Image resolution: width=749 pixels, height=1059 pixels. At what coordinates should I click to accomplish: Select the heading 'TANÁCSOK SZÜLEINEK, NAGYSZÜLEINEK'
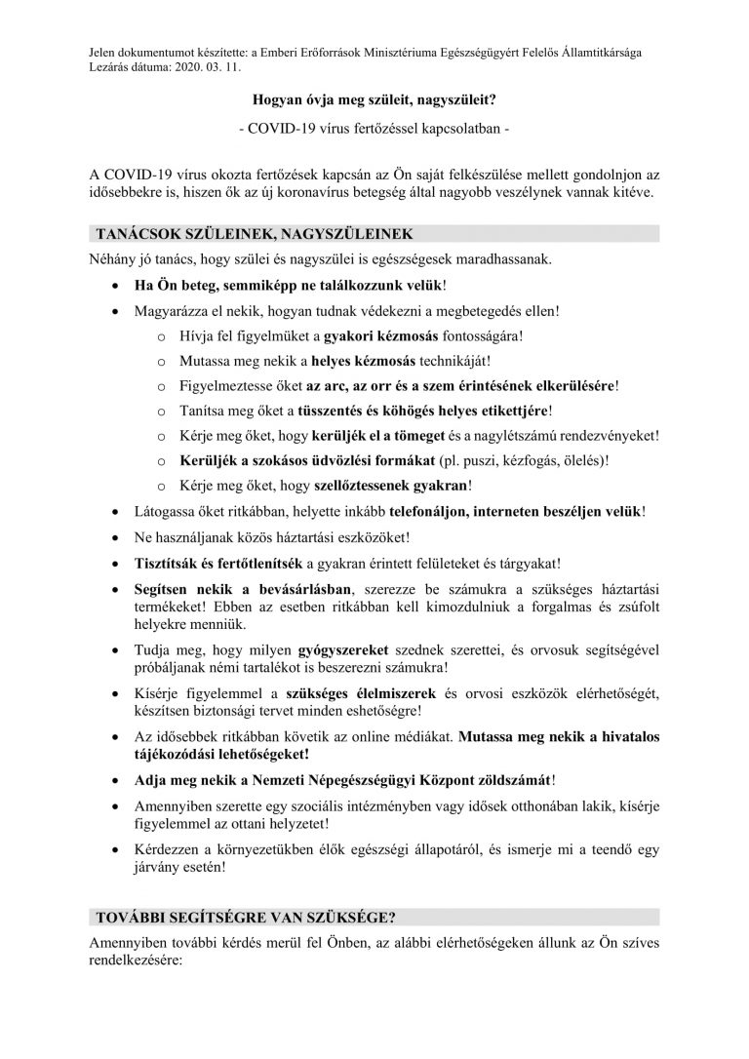tap(254, 235)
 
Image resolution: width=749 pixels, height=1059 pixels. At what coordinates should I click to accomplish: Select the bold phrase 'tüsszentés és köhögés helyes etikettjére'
tap(425, 411)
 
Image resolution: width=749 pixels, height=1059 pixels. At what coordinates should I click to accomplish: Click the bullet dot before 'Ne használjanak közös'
tap(116, 537)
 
